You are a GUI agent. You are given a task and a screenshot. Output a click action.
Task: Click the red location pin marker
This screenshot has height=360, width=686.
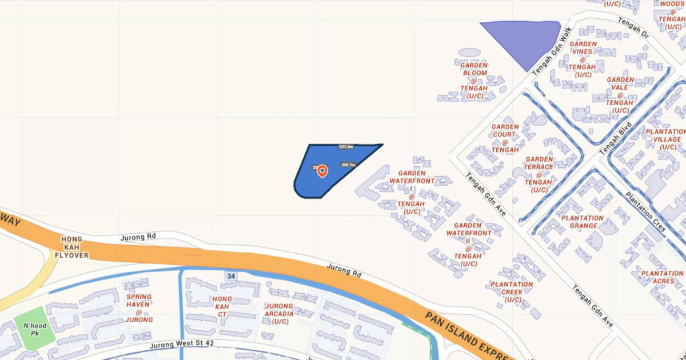(322, 171)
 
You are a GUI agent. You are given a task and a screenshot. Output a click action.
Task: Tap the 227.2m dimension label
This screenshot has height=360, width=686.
(346, 147)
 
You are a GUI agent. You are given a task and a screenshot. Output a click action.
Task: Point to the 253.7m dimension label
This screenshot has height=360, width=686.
(348, 165)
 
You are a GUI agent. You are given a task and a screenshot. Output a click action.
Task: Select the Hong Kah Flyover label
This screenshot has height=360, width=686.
(71, 247)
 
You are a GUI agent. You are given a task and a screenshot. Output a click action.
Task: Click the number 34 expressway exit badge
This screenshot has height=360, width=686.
(231, 276)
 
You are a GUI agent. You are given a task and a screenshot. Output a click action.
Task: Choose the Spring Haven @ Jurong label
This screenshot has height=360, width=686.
(139, 308)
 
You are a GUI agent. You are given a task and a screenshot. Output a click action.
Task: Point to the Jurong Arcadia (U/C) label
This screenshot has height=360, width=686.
(279, 314)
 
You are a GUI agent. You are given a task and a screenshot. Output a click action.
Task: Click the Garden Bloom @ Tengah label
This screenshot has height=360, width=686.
(474, 81)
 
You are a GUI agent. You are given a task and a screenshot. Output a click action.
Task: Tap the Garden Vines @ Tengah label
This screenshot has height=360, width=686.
(583, 59)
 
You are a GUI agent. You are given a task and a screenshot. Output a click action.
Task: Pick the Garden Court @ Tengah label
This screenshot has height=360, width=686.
(505, 138)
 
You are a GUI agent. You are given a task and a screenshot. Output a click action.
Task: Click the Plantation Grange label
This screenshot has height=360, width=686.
(582, 222)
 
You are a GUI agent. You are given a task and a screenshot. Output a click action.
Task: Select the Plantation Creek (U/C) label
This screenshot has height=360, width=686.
(511, 292)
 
